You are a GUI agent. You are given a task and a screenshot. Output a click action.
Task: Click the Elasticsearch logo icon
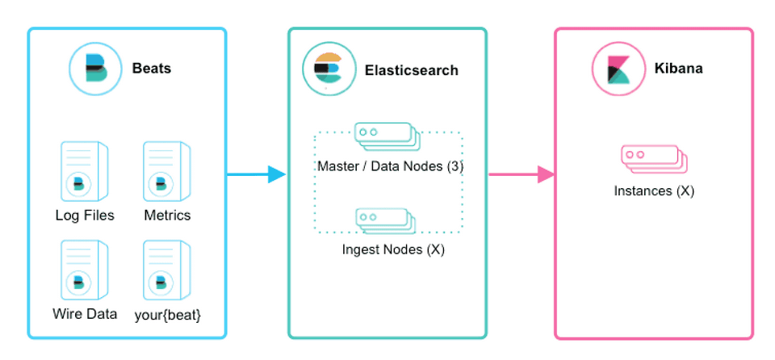(328, 70)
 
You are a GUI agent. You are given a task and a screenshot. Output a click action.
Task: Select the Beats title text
(152, 69)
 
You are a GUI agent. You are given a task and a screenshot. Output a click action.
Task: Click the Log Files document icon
(85, 171)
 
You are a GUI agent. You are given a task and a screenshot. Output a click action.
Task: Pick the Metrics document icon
(166, 171)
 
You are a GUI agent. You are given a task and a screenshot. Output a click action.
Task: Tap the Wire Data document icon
(85, 271)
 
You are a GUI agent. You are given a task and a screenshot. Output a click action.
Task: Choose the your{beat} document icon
(166, 271)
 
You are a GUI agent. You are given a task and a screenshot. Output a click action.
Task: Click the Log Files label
(85, 216)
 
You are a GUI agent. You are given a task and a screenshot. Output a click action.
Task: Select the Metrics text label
(167, 216)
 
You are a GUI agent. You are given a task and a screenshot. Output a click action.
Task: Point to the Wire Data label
(85, 314)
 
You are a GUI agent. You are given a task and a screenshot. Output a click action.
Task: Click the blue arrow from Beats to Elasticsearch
(257, 174)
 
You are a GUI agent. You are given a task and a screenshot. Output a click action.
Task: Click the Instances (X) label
(654, 191)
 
